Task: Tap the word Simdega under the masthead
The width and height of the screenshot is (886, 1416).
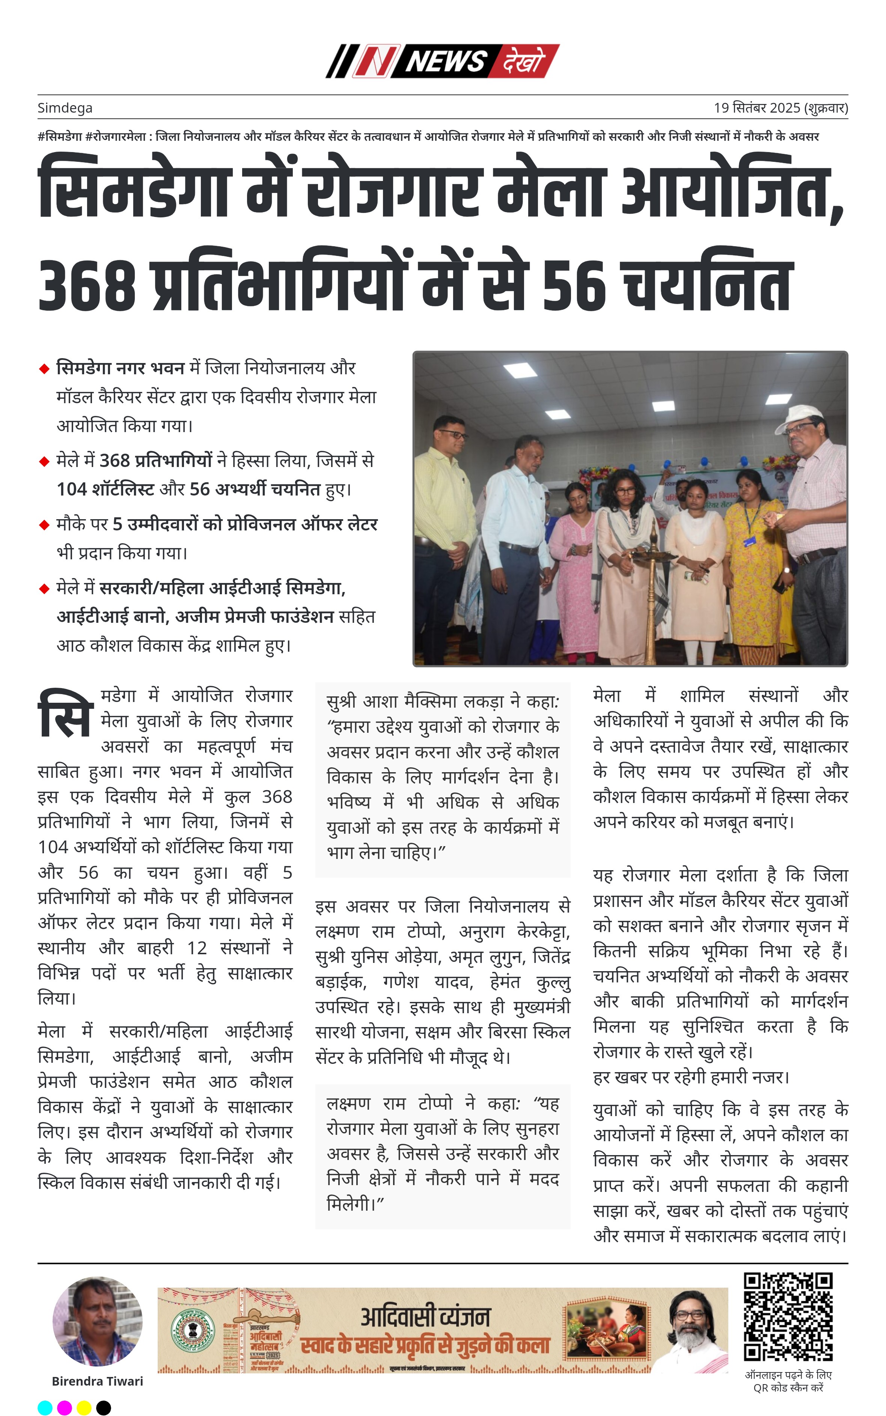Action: pos(65,108)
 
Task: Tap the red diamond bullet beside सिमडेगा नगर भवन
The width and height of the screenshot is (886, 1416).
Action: pos(44,369)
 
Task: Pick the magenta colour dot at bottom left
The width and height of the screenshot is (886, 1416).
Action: pos(65,1408)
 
